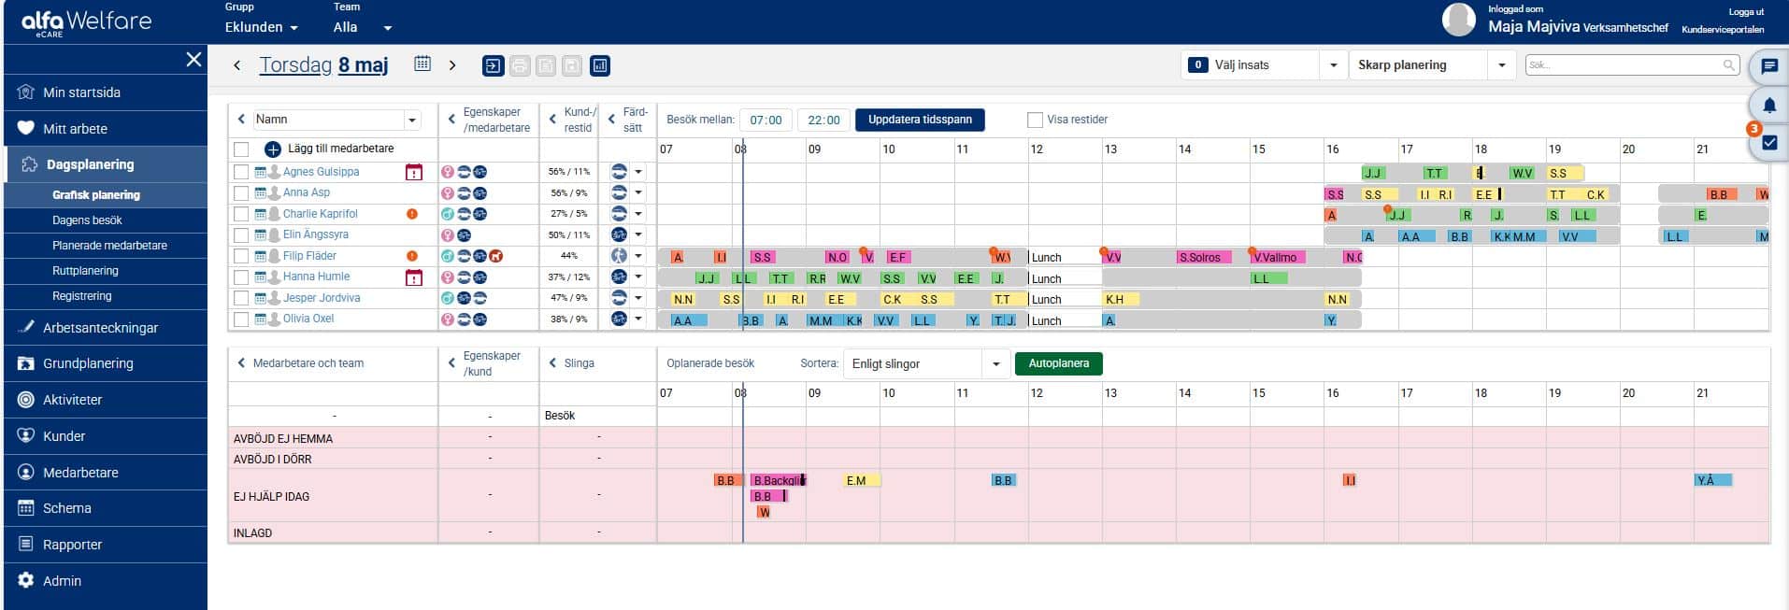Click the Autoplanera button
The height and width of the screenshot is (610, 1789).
tap(1058, 363)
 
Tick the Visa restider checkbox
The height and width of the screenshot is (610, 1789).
tap(1035, 120)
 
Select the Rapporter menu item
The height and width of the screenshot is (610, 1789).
tap(72, 545)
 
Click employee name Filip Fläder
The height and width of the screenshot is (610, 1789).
tap(309, 256)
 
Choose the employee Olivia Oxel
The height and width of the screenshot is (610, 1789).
tap(308, 319)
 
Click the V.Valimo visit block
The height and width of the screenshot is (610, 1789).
tap(1278, 257)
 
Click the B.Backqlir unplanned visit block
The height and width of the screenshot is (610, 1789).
tap(778, 480)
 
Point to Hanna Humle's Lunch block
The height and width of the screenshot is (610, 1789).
tap(1064, 278)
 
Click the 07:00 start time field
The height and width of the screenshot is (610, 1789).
tap(766, 120)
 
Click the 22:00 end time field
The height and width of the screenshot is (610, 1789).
tap(823, 120)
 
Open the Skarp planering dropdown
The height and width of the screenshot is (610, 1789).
tap(1431, 65)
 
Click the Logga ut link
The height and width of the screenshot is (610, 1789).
tap(1746, 12)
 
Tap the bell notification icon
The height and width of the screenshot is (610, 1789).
tap(1768, 106)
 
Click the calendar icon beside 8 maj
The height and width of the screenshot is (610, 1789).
tap(422, 64)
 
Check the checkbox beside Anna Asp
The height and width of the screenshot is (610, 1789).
tap(241, 193)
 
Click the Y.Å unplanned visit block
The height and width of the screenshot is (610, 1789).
tap(1711, 480)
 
